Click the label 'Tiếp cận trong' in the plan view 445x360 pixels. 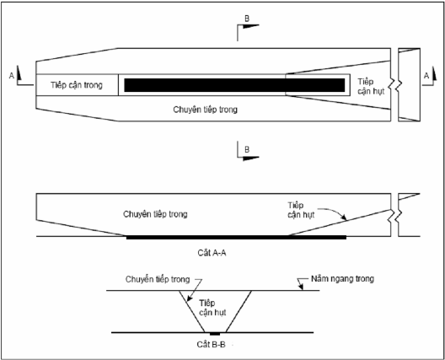click(x=77, y=85)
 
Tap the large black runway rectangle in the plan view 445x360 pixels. click(x=234, y=85)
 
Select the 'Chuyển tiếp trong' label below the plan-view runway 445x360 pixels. click(x=205, y=110)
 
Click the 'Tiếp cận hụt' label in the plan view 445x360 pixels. click(x=371, y=86)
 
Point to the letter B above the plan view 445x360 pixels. click(x=247, y=19)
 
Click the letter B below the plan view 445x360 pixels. click(x=247, y=149)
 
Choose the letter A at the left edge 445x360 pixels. click(x=11, y=76)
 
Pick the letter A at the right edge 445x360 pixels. click(x=426, y=76)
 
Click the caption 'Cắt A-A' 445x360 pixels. click(x=212, y=253)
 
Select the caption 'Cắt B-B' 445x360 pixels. click(x=212, y=344)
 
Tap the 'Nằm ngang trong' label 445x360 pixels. click(x=342, y=279)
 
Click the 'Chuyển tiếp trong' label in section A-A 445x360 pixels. click(x=155, y=214)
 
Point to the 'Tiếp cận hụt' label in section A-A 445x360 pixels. click(x=301, y=210)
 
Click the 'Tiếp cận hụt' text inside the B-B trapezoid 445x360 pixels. click(x=212, y=308)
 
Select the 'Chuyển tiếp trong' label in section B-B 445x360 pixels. click(x=158, y=279)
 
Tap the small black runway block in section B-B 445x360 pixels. click(x=215, y=334)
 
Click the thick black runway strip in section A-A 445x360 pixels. click(x=236, y=238)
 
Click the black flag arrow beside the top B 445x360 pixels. click(x=251, y=26)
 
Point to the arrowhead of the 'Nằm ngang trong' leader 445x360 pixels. click(x=302, y=287)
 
